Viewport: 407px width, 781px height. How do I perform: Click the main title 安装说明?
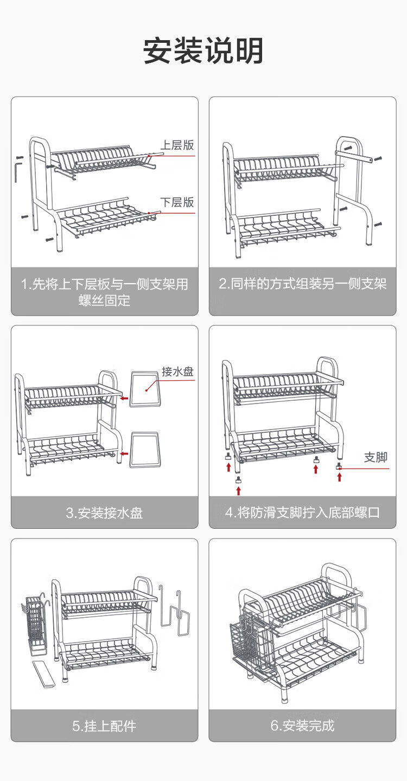(203, 52)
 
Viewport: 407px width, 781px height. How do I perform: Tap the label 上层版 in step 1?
(177, 145)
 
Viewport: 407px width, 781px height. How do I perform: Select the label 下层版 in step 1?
(177, 202)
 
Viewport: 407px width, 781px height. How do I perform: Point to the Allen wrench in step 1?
(17, 169)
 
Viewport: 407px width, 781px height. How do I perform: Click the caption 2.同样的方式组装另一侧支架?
(302, 284)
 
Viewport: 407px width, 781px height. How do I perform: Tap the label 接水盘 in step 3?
(177, 372)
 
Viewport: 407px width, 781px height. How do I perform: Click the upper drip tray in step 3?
(146, 388)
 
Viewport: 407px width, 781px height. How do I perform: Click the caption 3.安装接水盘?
(104, 513)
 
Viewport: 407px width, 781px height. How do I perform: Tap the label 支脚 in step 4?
(376, 457)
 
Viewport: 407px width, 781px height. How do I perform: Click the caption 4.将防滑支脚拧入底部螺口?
(302, 513)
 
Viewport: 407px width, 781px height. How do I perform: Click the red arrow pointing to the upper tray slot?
(124, 398)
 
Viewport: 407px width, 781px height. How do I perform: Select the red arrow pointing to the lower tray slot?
(124, 453)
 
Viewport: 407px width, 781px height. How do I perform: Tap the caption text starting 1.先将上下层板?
(104, 292)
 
